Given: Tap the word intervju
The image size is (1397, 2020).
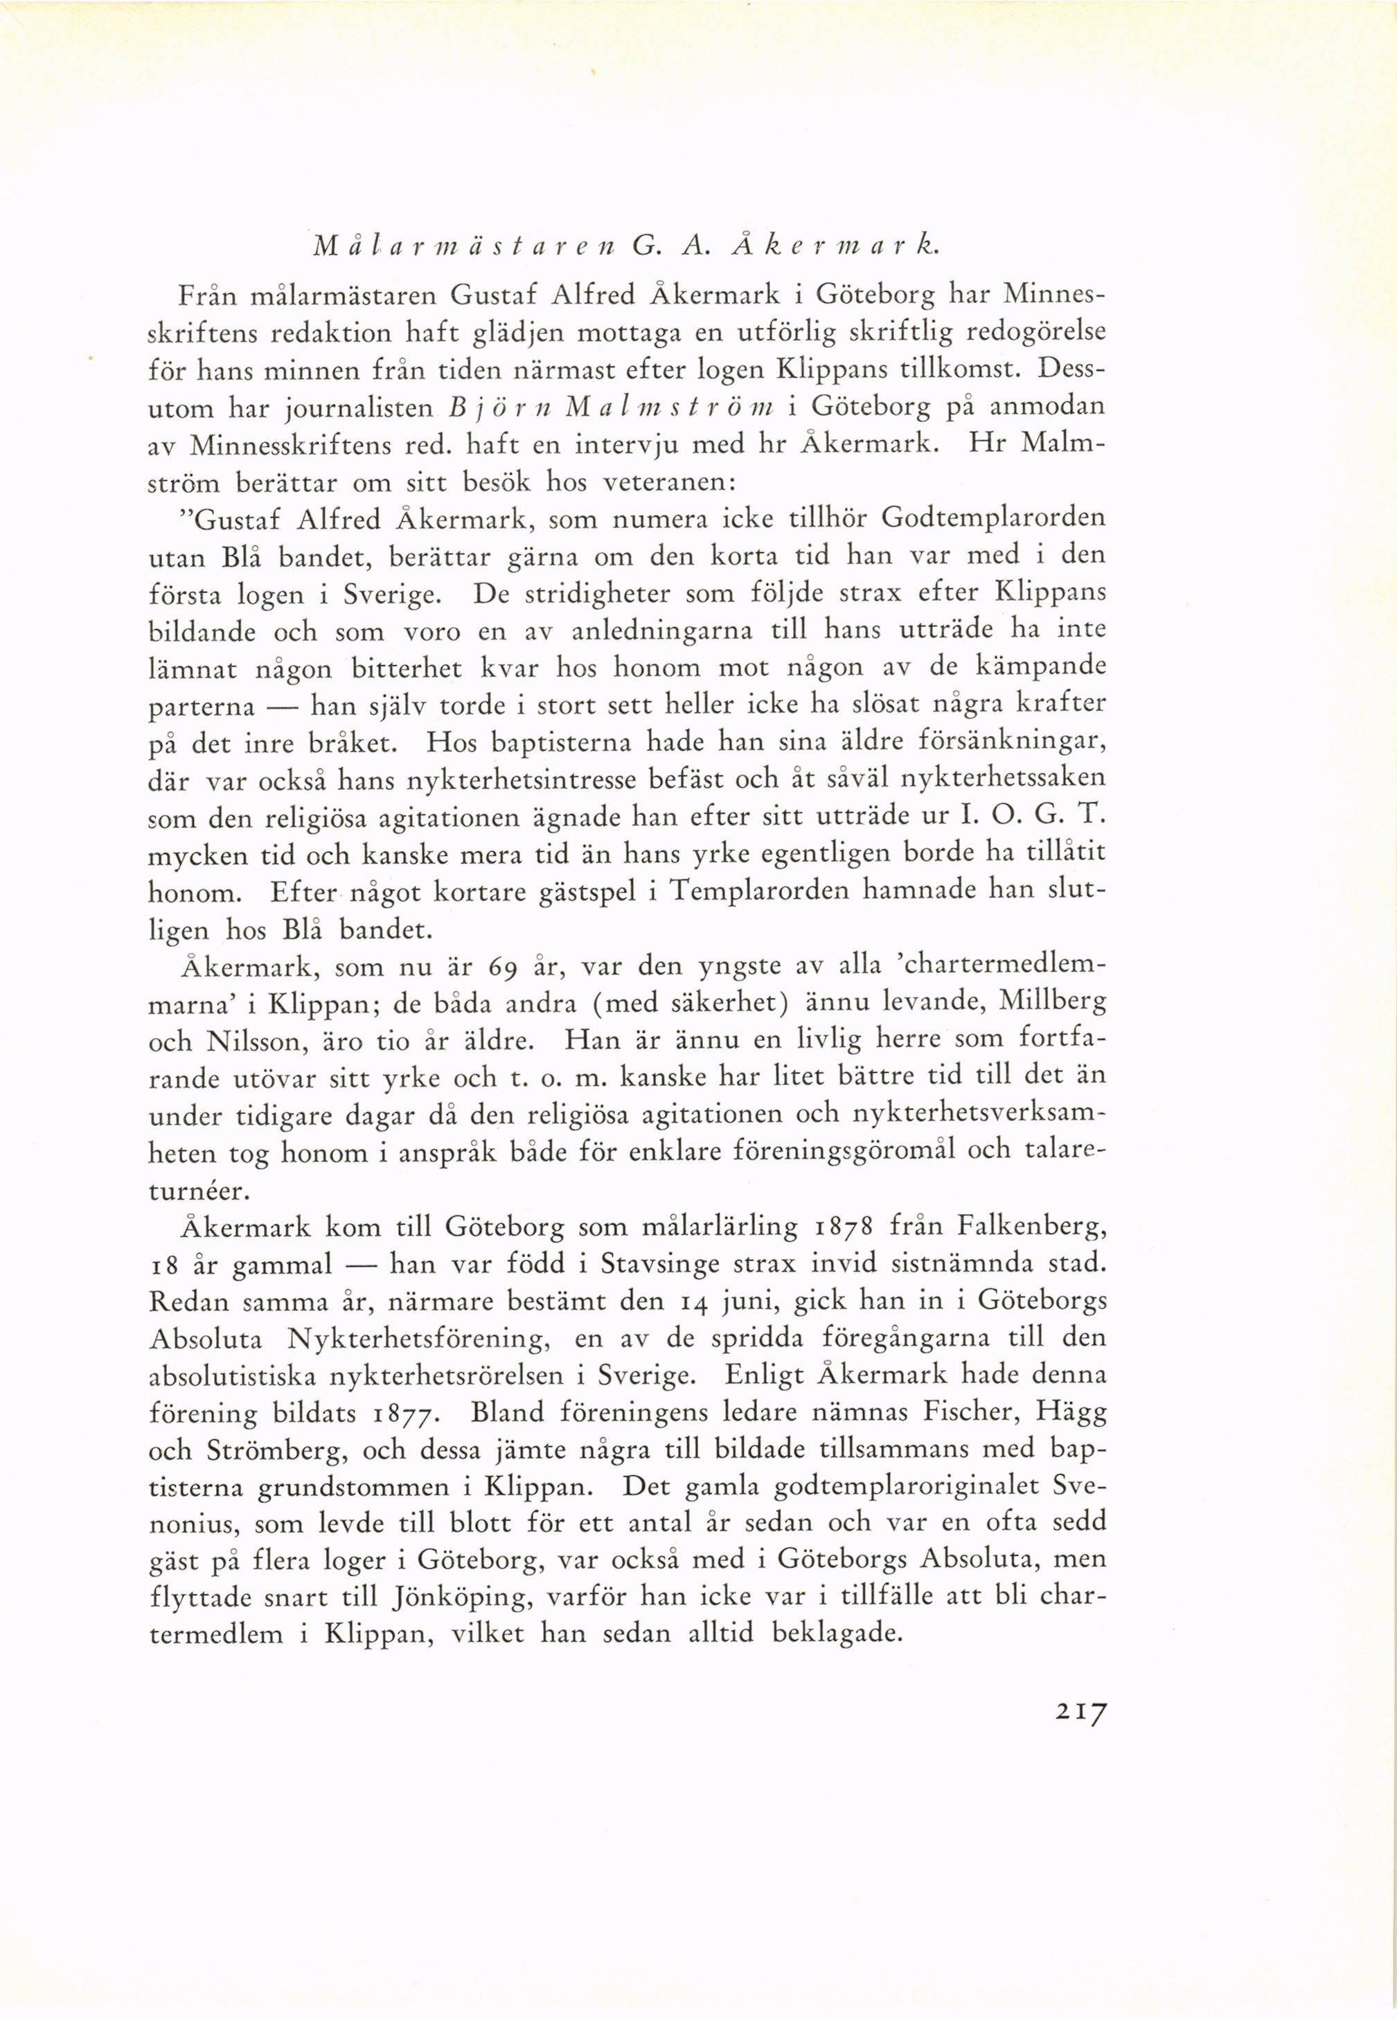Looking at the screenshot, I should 625,445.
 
